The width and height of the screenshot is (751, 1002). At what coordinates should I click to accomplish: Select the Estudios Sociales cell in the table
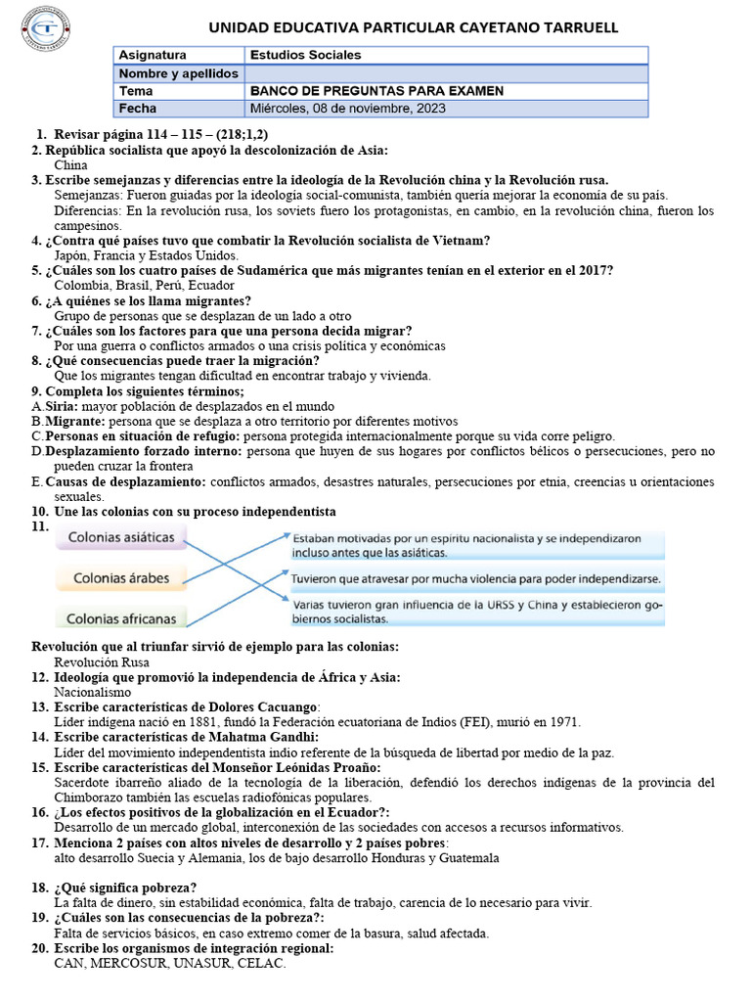point(306,56)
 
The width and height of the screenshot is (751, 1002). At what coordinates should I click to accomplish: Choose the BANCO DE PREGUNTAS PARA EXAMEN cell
point(377,91)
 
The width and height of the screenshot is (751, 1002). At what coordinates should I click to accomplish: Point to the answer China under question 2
point(70,165)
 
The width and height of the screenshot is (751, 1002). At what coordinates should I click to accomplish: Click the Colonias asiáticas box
point(122,537)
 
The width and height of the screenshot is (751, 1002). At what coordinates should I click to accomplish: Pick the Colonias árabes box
point(121,577)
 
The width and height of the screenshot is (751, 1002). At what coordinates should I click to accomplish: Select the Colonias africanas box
point(121,617)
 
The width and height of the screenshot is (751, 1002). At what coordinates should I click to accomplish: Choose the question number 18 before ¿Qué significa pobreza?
point(39,888)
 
